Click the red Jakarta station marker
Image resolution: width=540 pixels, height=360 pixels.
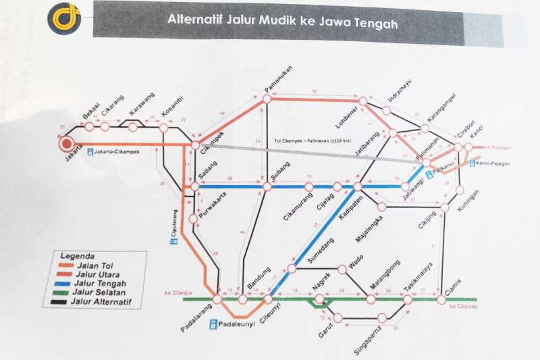tap(66, 144)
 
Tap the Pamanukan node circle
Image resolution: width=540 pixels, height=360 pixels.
tap(267, 99)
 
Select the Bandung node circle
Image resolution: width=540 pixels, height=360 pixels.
tap(243, 299)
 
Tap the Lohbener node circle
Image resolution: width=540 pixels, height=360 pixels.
tap(363, 101)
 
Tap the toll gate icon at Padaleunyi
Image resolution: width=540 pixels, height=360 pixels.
tap(213, 325)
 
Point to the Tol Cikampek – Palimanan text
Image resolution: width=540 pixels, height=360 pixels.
tap(313, 140)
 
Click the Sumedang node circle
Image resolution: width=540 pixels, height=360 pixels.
tap(292, 269)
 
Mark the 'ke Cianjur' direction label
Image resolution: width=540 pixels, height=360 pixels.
tap(175, 293)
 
